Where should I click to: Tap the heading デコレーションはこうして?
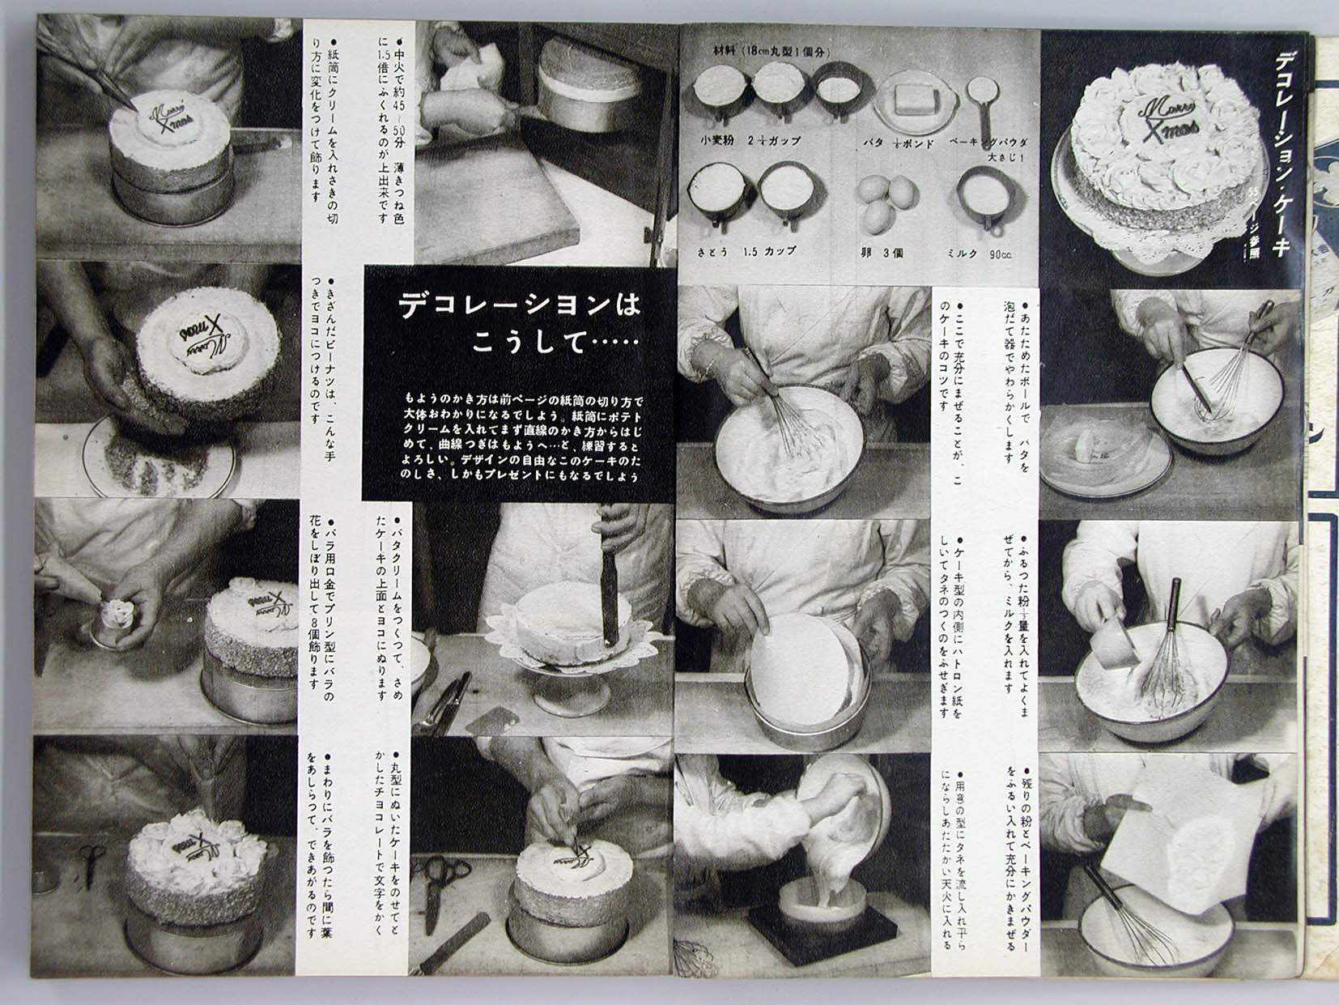(519, 321)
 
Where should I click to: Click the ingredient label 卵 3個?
(881, 253)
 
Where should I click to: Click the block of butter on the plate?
(916, 103)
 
